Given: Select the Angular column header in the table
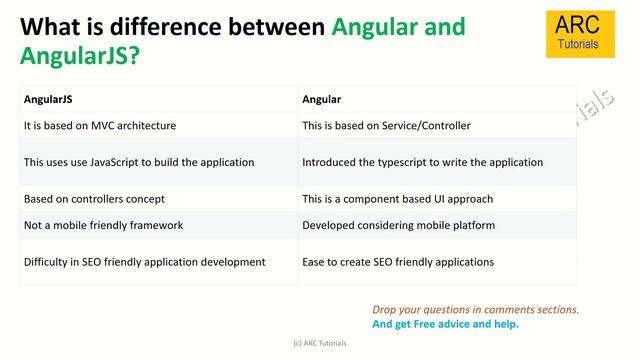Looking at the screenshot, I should click(322, 99).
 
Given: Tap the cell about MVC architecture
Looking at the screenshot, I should click(100, 126).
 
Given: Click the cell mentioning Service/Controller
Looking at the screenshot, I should click(386, 126).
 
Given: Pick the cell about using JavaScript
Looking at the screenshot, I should click(139, 162).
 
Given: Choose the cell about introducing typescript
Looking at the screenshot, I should click(422, 162).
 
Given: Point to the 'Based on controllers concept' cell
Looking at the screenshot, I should click(94, 199).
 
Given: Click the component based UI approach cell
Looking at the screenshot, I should click(397, 199).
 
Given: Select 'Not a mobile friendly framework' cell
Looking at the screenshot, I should click(103, 225).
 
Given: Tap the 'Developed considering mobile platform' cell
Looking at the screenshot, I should click(398, 225).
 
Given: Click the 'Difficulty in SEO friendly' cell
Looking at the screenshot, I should click(144, 262).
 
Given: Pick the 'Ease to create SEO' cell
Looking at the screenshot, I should click(398, 262).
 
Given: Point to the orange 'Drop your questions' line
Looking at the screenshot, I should click(476, 310).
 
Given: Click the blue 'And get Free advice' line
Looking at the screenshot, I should click(446, 324).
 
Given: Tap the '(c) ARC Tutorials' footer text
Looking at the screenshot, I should click(320, 342).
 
